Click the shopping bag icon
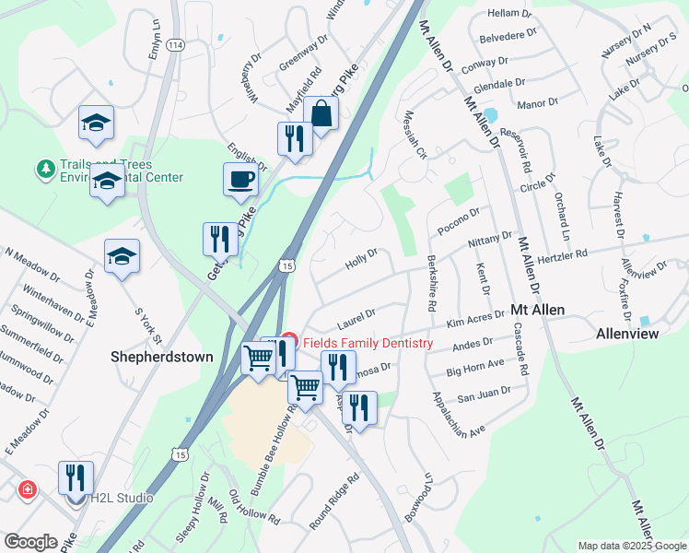321,115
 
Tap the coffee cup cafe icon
240,179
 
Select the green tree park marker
44,169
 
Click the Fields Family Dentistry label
366,344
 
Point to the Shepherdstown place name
162,356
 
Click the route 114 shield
176,44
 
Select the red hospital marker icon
29,488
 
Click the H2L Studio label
121,499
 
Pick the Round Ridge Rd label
333,503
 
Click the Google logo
30,542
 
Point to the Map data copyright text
631,546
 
